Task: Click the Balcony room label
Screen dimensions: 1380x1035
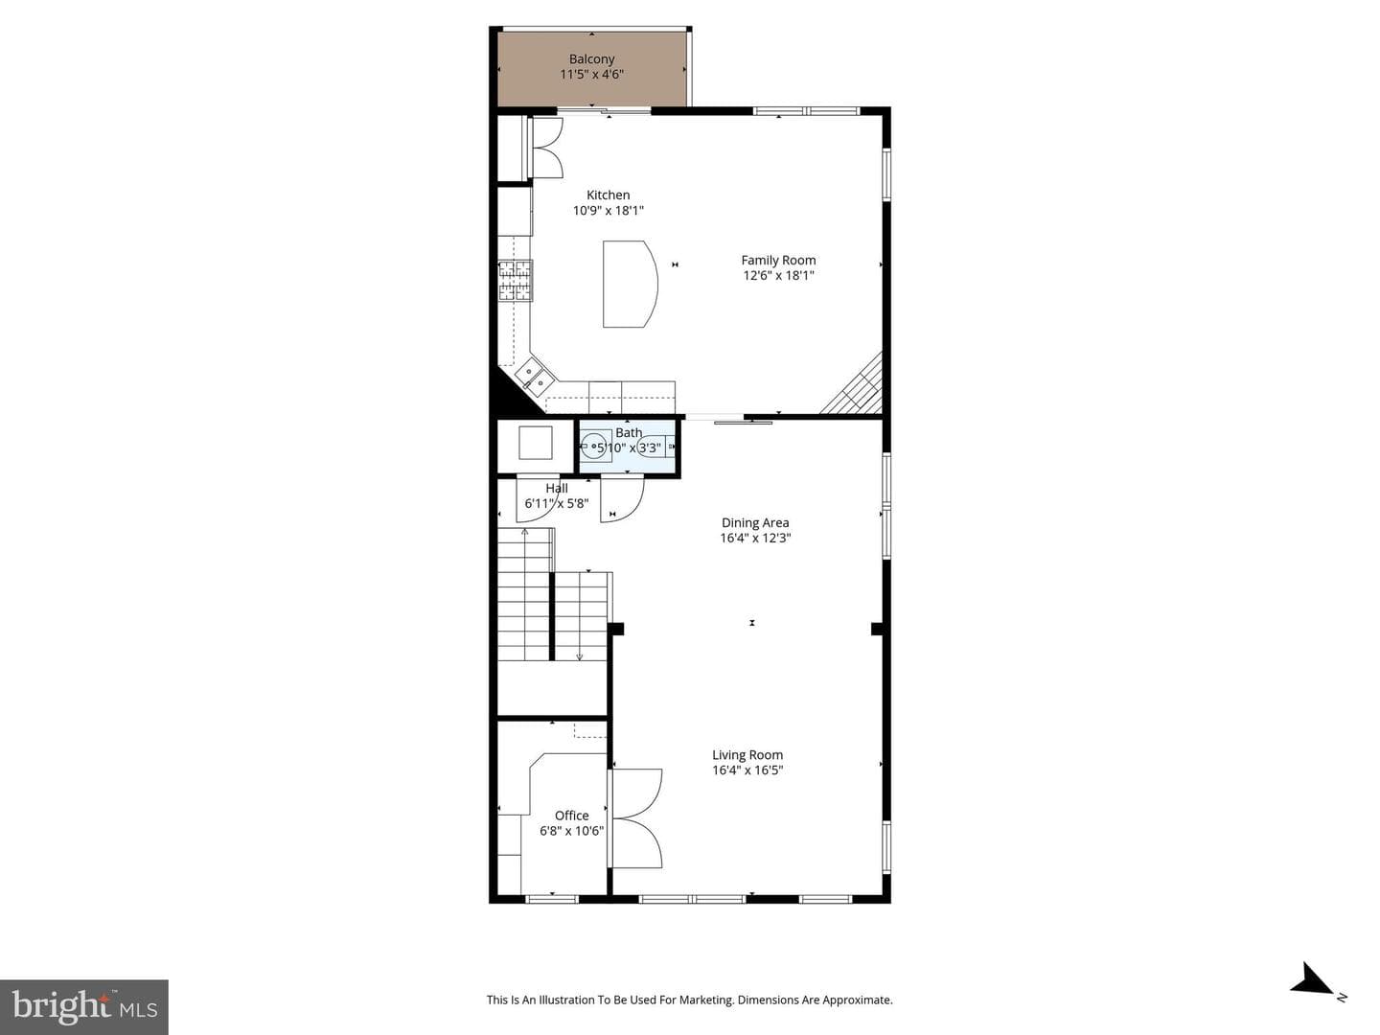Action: click(591, 59)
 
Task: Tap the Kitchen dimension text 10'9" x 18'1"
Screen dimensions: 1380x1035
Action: click(608, 211)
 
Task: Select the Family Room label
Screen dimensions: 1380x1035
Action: click(778, 260)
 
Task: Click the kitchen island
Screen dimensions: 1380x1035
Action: click(630, 284)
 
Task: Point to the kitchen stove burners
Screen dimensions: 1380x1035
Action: click(515, 280)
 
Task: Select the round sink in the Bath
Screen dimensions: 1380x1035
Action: click(594, 447)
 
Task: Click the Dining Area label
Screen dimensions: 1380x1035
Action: click(755, 523)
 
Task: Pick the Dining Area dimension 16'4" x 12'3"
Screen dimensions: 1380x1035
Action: click(755, 538)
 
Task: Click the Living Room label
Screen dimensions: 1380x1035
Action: click(747, 755)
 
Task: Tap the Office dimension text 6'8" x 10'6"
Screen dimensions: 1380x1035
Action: click(571, 831)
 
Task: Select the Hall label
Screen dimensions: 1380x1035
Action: click(557, 489)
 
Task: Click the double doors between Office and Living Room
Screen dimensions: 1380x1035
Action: click(636, 818)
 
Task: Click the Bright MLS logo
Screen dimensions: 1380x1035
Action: click(84, 1007)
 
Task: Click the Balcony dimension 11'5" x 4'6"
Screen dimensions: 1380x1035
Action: click(591, 74)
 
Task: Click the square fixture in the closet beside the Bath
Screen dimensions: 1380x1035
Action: click(536, 443)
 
